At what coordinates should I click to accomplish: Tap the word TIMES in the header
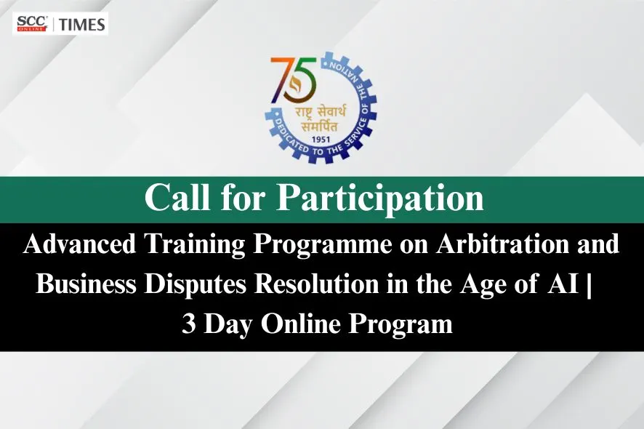(81, 24)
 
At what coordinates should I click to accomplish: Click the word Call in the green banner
(175, 197)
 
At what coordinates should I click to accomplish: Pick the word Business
(86, 284)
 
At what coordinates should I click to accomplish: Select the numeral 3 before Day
(189, 324)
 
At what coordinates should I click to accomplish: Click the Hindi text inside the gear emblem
(321, 116)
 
